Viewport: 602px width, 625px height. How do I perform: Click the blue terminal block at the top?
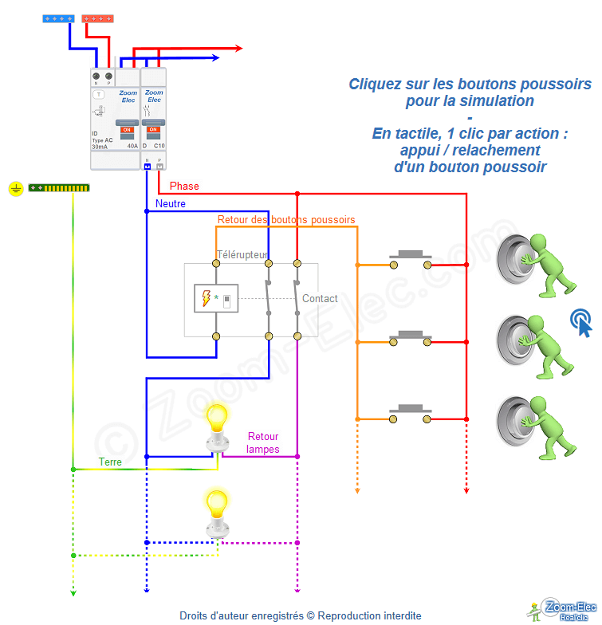point(59,18)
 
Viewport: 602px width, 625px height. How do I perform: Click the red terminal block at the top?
point(97,18)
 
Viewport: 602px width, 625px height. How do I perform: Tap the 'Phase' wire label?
point(184,187)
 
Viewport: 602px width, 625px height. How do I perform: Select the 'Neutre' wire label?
point(171,204)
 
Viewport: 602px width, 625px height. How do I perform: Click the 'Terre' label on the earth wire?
point(111,462)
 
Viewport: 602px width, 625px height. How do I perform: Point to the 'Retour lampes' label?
point(263,442)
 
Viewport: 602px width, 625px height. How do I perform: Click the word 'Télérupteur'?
point(242,255)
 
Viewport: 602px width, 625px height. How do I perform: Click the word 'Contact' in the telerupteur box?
point(320,298)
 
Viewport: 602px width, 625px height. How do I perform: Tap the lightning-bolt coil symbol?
point(207,299)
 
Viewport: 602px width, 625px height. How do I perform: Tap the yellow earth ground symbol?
point(15,188)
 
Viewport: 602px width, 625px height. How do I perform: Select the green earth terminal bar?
point(59,188)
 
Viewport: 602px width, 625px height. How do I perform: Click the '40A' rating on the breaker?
point(132,147)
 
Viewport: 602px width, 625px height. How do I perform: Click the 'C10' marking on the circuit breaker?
point(159,147)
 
